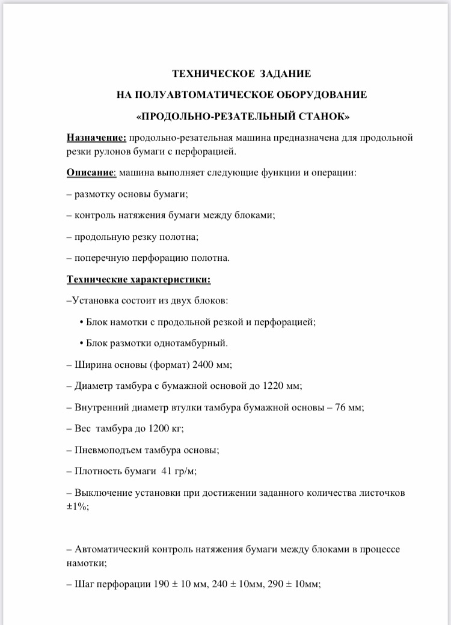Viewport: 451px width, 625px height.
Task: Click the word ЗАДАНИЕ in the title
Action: pos(286,74)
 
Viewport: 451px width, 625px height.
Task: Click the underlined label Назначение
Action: pos(96,137)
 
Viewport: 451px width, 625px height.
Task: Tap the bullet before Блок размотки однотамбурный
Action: pos(81,343)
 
